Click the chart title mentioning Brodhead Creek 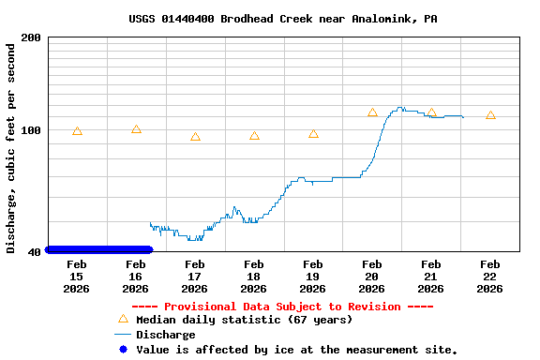[x=282, y=19]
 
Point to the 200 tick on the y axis [x=31, y=37]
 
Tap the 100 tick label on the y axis [x=31, y=130]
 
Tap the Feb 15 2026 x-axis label [x=77, y=277]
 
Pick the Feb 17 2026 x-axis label [x=195, y=277]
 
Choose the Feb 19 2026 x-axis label [x=313, y=277]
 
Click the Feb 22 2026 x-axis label [x=490, y=277]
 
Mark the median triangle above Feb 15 [x=77, y=131]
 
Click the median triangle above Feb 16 [x=136, y=129]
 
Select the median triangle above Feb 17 [x=195, y=137]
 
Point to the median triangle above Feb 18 [x=254, y=136]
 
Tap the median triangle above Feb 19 [x=313, y=134]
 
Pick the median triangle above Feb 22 [x=490, y=115]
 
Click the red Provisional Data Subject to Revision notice [x=282, y=307]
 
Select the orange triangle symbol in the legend [x=122, y=319]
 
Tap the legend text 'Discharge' [x=166, y=335]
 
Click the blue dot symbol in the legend [x=122, y=350]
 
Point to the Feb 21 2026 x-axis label [x=431, y=277]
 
